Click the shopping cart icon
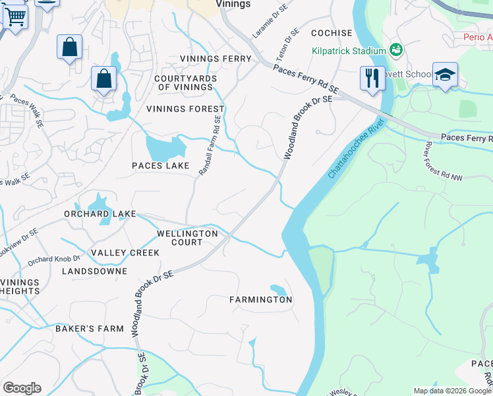(15, 17)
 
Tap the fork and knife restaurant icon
(372, 77)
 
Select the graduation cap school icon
(445, 75)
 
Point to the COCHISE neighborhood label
(332, 33)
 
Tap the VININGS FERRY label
(216, 59)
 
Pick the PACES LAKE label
(160, 166)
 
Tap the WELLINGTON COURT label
(187, 238)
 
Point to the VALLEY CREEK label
(125, 253)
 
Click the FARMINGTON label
(260, 300)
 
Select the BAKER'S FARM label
(90, 329)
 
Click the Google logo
(22, 388)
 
